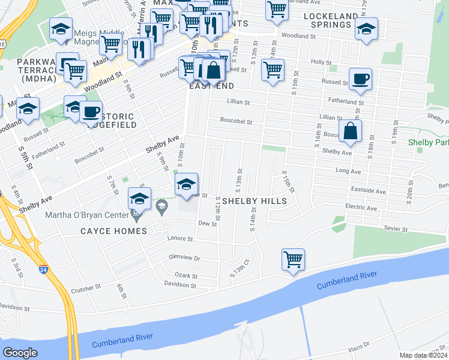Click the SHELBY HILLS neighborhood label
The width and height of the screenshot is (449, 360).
coord(254,200)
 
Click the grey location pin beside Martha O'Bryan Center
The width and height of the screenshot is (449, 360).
coord(161,208)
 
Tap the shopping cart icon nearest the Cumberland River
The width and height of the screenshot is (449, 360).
coord(293,260)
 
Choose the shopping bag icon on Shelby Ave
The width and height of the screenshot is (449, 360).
coord(350,131)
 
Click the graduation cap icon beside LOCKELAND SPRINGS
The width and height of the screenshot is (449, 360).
coord(366,29)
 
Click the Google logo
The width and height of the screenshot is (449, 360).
coord(20,353)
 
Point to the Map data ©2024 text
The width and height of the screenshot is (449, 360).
coord(423,355)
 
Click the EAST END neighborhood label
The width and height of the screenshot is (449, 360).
coord(211,86)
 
